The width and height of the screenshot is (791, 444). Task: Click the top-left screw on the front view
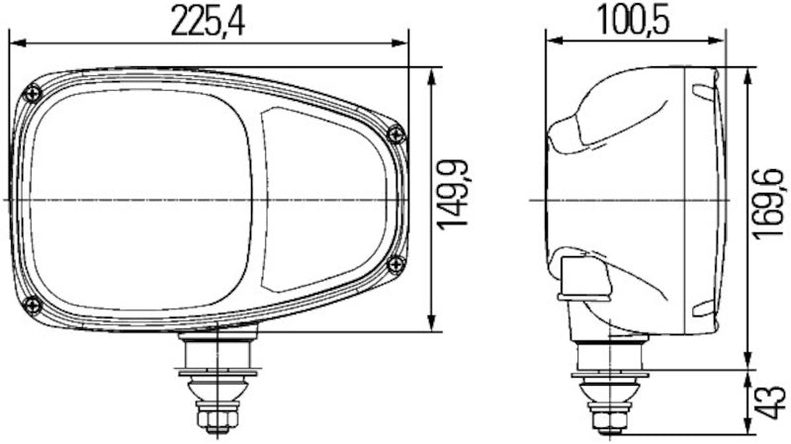coord(35,94)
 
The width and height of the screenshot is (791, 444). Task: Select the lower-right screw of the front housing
coord(395,263)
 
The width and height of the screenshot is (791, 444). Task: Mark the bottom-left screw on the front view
coord(32,303)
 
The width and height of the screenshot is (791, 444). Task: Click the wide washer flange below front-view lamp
coord(217,373)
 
